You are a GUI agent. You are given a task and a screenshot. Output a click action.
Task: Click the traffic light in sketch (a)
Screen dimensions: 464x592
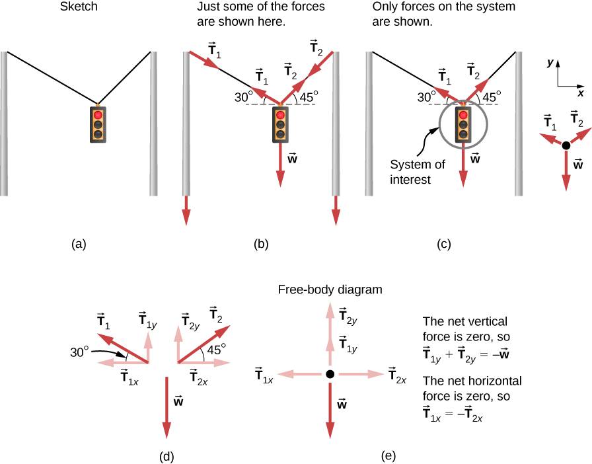click(98, 122)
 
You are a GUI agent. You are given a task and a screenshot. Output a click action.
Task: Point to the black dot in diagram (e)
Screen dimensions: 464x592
click(330, 374)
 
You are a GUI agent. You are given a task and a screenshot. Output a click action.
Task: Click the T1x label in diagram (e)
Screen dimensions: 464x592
click(264, 375)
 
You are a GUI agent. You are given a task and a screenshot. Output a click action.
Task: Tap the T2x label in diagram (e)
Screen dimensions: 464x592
click(397, 375)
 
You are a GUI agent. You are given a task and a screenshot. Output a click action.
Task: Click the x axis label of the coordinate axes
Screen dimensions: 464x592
click(580, 93)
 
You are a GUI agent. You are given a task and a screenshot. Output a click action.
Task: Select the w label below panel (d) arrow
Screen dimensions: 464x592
click(178, 399)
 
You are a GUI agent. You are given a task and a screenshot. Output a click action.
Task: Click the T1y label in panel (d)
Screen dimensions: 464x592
click(148, 321)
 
